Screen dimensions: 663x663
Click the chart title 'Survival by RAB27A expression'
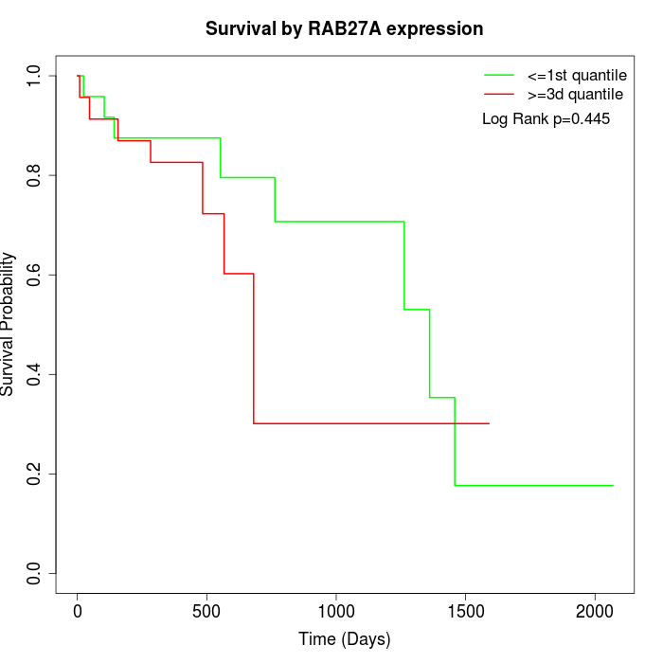[x=345, y=29]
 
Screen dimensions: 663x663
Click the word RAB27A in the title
[x=344, y=29]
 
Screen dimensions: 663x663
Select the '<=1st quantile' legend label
[x=577, y=75]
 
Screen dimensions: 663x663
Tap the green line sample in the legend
[x=498, y=75]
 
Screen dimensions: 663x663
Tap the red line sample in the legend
[x=498, y=95]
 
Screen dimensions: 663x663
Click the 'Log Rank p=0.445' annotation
[x=546, y=119]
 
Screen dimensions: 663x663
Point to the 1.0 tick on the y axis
[x=36, y=76]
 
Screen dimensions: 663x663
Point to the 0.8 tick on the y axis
[x=36, y=175]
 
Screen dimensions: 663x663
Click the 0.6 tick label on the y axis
[x=36, y=275]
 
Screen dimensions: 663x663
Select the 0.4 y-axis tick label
[x=36, y=374]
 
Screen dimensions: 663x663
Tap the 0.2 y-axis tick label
[x=36, y=474]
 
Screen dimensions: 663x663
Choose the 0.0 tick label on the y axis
[x=36, y=573]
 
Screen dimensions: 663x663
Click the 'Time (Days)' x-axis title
[x=345, y=639]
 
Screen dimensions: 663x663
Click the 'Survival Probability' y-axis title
[x=9, y=324]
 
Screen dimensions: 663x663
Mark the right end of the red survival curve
[x=489, y=423]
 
